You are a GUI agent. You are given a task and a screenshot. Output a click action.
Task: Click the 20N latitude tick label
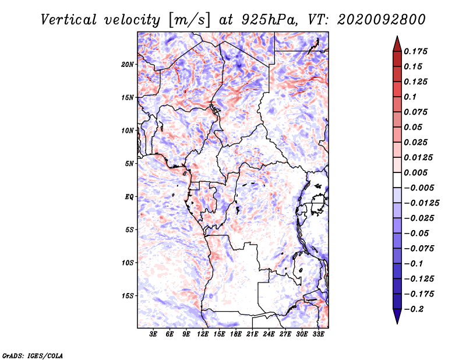(127, 65)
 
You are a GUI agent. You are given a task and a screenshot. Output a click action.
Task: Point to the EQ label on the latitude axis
(129, 197)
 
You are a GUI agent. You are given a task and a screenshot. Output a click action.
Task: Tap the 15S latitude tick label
(128, 296)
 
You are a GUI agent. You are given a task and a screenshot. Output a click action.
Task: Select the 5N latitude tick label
(129, 164)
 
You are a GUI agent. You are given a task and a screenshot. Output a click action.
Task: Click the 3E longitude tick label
(153, 334)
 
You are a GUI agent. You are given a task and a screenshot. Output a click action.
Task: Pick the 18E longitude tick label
(235, 334)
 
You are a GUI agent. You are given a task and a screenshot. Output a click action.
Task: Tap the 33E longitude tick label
(318, 334)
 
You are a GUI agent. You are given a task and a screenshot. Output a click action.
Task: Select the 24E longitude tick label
(269, 334)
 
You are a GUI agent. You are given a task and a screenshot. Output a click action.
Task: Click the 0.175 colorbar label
(416, 51)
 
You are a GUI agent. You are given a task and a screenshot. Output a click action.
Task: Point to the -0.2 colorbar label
(414, 309)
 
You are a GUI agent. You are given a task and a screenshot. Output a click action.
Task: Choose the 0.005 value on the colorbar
(416, 172)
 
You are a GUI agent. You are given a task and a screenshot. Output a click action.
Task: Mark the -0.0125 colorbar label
(422, 203)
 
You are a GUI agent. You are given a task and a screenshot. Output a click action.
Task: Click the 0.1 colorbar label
(410, 97)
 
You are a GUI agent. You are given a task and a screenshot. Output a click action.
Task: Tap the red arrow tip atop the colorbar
(397, 37)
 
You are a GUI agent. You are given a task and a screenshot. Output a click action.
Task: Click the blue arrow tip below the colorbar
(397, 323)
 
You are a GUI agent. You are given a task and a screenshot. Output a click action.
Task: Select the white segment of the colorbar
(397, 180)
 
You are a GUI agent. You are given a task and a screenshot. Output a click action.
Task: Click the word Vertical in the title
(69, 20)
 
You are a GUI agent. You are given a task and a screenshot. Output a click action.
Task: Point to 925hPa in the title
(269, 20)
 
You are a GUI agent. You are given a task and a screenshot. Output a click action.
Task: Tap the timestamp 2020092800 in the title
(382, 20)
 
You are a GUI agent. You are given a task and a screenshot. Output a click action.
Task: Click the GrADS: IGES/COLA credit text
(33, 355)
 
